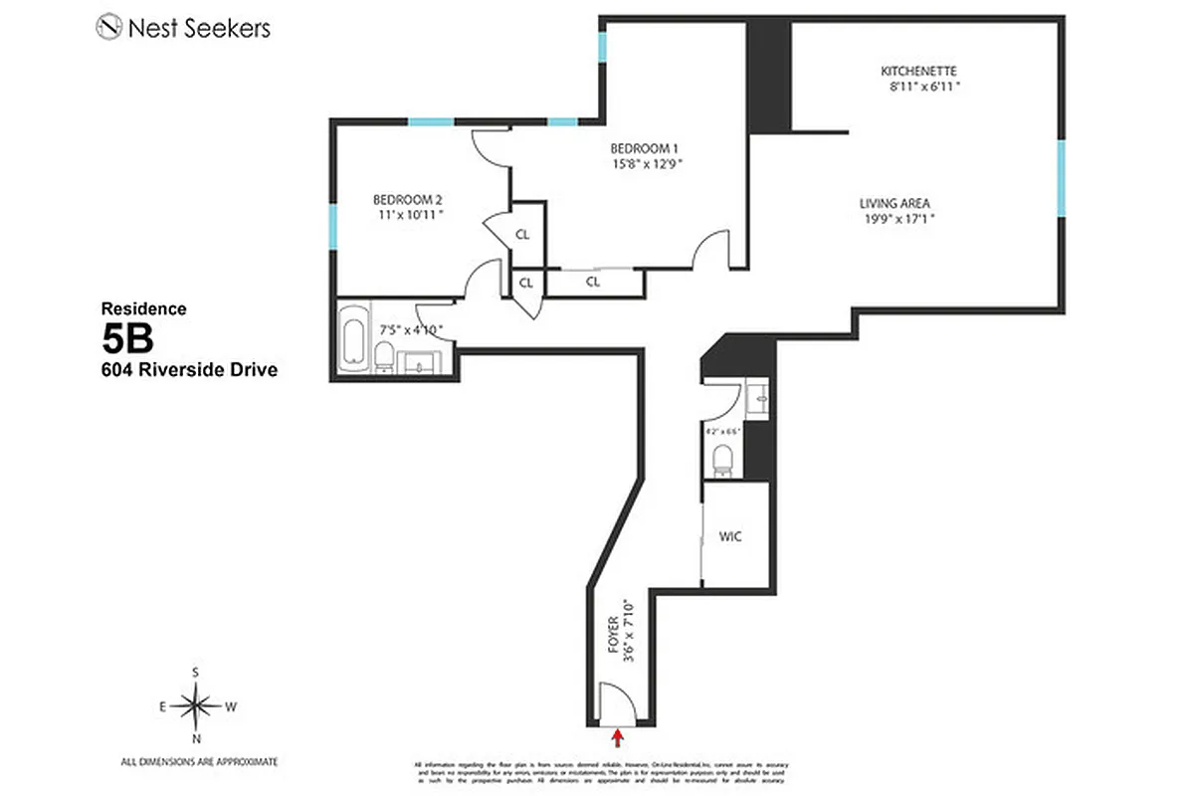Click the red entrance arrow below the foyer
pyautogui.click(x=619, y=737)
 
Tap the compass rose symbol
pyautogui.click(x=196, y=706)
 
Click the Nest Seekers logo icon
pyautogui.click(x=108, y=27)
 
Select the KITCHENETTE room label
pyautogui.click(x=918, y=72)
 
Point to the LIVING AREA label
pyautogui.click(x=896, y=204)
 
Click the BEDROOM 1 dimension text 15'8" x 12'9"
pyautogui.click(x=646, y=165)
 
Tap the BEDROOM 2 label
pyautogui.click(x=408, y=197)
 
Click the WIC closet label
pyautogui.click(x=730, y=536)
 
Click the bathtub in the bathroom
pyautogui.click(x=352, y=342)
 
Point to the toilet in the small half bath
pyautogui.click(x=722, y=459)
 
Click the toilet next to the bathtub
pyautogui.click(x=382, y=355)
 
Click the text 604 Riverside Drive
pyautogui.click(x=188, y=370)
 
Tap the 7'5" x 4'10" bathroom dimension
pyautogui.click(x=410, y=328)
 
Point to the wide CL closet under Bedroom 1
pyautogui.click(x=593, y=283)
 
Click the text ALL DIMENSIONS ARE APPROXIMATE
pyautogui.click(x=199, y=761)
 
